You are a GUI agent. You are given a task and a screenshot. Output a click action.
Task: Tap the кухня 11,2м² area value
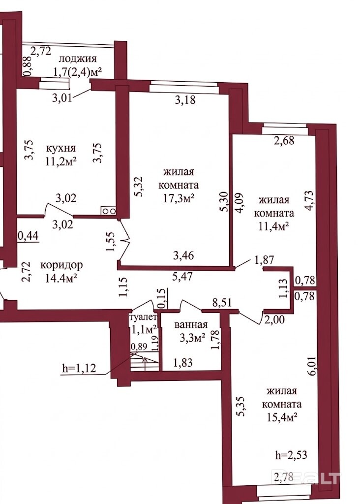[61, 161]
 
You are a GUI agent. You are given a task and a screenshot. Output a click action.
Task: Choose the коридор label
[61, 265]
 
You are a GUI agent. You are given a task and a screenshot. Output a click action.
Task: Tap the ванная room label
[191, 325]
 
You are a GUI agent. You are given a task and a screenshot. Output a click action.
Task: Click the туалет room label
[143, 317]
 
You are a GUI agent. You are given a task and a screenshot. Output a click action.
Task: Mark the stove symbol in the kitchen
[109, 211]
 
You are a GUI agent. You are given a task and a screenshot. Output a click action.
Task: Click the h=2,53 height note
[291, 455]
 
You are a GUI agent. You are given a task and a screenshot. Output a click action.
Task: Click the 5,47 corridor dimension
[183, 276]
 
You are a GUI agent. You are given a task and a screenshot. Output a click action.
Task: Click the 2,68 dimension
[284, 140]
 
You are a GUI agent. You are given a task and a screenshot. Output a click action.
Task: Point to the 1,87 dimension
[264, 259]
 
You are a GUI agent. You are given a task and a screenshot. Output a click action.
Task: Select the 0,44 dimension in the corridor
[28, 236]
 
